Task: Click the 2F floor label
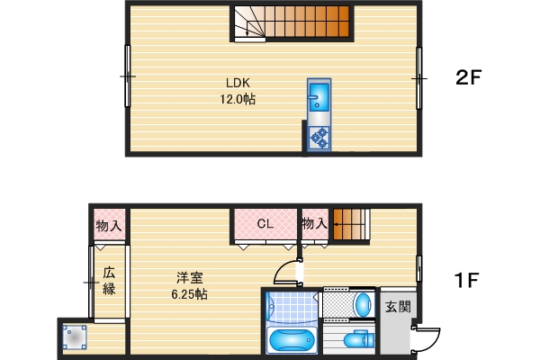(x=470, y=78)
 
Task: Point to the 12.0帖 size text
(x=238, y=100)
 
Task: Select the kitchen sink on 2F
(x=319, y=97)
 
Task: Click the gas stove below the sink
(x=319, y=138)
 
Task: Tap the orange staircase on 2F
(x=292, y=22)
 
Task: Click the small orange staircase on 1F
(x=351, y=224)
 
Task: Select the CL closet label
(x=265, y=223)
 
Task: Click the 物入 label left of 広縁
(x=110, y=224)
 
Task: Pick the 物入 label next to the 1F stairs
(x=314, y=223)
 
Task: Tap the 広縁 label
(x=109, y=281)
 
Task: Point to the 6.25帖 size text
(x=189, y=294)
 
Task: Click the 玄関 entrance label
(x=398, y=307)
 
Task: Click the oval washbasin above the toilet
(x=362, y=303)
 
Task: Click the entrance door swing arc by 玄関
(x=427, y=337)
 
